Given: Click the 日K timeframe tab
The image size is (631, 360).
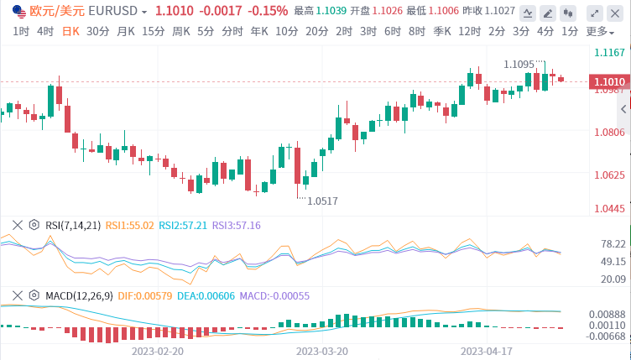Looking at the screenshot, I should [x=70, y=31].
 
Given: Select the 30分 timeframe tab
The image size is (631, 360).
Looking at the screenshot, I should [x=97, y=31].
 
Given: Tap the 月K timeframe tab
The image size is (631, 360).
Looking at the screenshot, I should [x=126, y=31].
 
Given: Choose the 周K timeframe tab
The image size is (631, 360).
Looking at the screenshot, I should [x=181, y=31].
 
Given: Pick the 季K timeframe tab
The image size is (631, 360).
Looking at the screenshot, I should [x=442, y=31].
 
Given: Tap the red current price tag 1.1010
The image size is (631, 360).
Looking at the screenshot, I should [x=609, y=82].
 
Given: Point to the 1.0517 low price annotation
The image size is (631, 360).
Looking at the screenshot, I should [x=322, y=201].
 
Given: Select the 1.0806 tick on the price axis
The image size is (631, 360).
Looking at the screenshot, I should [x=609, y=133].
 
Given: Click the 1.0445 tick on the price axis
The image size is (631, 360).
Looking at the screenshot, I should [x=609, y=208].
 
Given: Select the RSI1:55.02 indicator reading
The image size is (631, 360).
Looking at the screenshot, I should [x=130, y=225].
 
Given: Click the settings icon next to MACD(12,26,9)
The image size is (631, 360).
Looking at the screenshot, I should [x=34, y=295].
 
